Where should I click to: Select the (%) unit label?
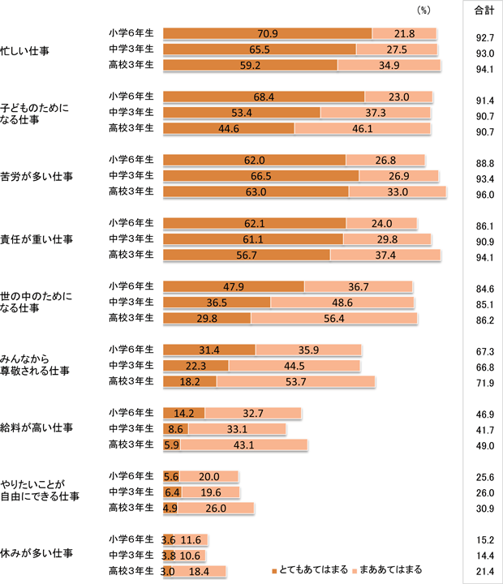coord(423,11)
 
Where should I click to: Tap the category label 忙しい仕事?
coord(25,49)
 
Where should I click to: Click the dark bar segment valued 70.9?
coord(267,33)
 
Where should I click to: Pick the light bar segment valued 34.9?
coord(389,65)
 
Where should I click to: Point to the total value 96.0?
coord(484,195)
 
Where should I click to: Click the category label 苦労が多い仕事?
coord(36,176)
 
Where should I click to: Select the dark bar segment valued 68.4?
coord(264,97)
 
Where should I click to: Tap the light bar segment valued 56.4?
coord(333,318)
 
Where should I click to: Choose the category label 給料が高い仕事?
coord(36,427)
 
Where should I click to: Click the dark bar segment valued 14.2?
coord(184,413)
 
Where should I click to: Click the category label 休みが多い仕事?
coord(36,554)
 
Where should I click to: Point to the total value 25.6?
coord(484,478)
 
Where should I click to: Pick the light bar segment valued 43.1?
coord(243,444)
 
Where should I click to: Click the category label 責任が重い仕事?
coord(36,239)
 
